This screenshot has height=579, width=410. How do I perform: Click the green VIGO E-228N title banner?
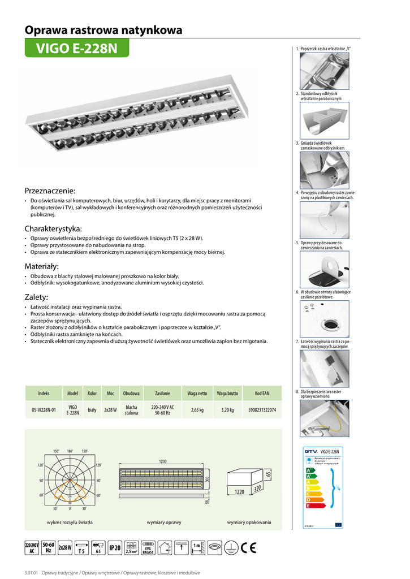[x=77, y=49]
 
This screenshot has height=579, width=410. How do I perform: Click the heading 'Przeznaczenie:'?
[x=50, y=191]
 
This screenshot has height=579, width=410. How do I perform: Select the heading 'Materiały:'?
[x=42, y=266]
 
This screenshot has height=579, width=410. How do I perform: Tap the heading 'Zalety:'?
[x=36, y=297]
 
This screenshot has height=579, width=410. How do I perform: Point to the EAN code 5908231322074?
[x=262, y=410]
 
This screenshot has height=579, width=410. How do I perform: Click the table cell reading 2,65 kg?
[x=197, y=410]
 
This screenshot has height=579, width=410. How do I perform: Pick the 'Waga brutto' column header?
[x=228, y=393]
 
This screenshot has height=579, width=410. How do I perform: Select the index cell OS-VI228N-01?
[x=44, y=410]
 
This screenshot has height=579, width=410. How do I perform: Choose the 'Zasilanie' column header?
[x=162, y=393]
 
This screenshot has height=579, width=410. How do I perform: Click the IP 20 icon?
[x=115, y=547]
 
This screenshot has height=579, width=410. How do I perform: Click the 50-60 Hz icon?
[x=48, y=547]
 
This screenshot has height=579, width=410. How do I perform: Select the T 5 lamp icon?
[x=81, y=547]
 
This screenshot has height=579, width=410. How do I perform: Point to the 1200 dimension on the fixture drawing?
[x=163, y=462]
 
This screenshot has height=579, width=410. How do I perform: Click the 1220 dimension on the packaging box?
[x=239, y=492]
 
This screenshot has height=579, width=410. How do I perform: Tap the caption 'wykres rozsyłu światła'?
[x=70, y=522]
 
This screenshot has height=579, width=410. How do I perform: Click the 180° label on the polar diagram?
[x=70, y=451]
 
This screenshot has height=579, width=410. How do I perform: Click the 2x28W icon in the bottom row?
[x=64, y=547]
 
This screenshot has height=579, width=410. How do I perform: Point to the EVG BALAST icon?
[x=148, y=547]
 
